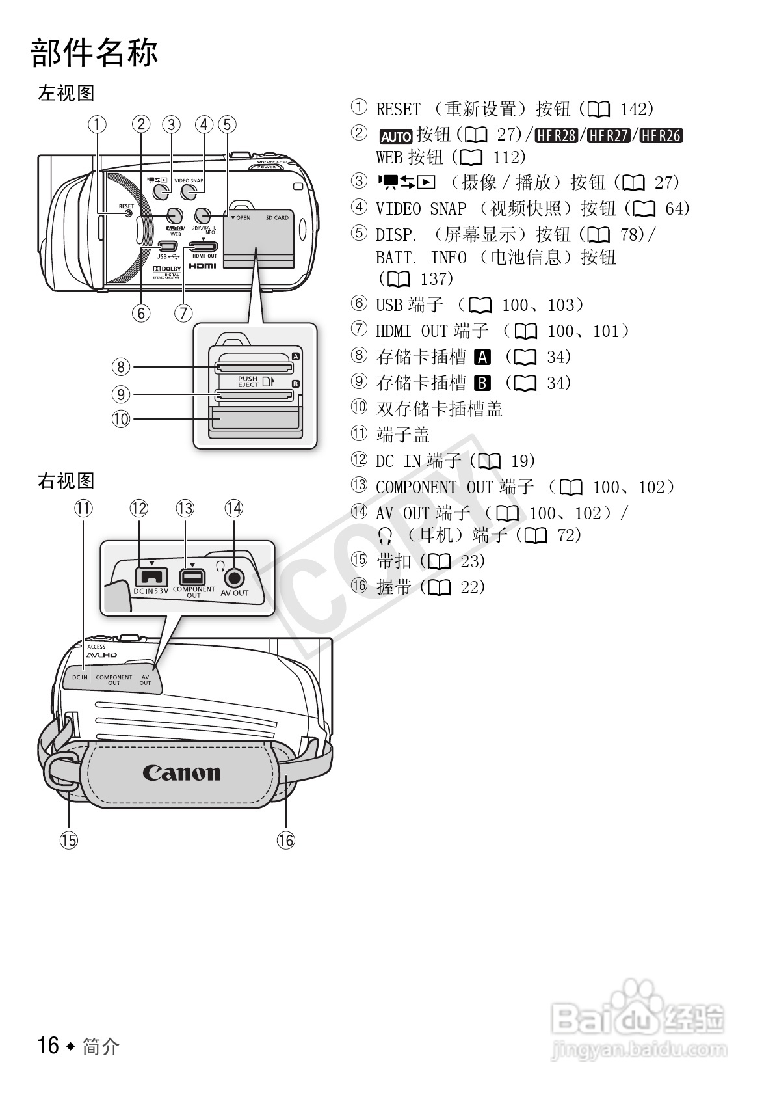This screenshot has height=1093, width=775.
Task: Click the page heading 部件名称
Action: (95, 53)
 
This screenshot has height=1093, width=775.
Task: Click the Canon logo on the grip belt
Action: (181, 772)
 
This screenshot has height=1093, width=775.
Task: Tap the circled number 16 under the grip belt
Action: (285, 840)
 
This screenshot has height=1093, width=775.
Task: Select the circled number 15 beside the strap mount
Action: (68, 840)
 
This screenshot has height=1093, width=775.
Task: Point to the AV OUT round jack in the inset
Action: (234, 577)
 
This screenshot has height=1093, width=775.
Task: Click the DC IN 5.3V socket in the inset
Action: (151, 576)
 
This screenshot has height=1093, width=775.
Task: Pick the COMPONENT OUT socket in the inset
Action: (192, 576)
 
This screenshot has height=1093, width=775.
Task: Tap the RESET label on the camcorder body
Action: (125, 206)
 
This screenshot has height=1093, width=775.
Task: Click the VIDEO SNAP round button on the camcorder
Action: (189, 192)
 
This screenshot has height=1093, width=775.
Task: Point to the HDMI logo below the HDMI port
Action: (202, 266)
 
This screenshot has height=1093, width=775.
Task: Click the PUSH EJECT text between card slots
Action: (248, 381)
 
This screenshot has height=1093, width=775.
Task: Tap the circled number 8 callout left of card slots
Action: (121, 367)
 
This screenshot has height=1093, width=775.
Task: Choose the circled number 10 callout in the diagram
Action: (121, 419)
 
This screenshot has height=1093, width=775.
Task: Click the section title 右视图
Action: (66, 481)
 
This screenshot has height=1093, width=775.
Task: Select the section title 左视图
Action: (66, 93)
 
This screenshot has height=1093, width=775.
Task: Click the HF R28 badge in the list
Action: (557, 135)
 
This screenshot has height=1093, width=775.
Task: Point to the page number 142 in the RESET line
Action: (633, 109)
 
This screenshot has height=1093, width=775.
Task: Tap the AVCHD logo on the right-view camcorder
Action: (102, 654)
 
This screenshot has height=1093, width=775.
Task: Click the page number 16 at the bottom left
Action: (48, 1046)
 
